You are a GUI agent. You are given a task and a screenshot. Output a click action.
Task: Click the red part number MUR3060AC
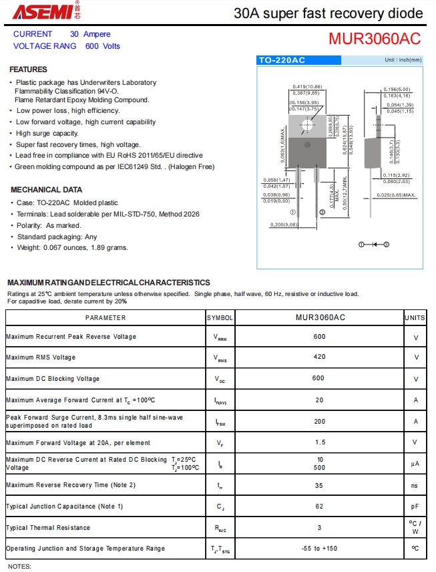pos(374,39)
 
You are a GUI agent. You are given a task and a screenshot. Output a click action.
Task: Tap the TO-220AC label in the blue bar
pos(282,60)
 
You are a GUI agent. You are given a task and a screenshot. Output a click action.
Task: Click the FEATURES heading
pos(28,69)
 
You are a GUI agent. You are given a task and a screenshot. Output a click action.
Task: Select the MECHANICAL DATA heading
pos(46,190)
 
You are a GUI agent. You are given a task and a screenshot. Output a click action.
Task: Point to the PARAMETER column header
pos(105,318)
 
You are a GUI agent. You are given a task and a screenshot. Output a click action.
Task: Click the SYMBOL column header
pos(220,318)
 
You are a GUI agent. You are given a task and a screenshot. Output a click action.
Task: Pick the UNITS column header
pos(415,318)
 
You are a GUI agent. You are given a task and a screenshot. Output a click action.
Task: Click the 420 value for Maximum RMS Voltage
pos(319,357)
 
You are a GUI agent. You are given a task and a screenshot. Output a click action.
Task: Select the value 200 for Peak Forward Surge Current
pos(319,422)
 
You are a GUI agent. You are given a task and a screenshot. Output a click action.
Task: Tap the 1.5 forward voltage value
pos(319,442)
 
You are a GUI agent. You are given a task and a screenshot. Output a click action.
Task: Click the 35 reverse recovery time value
pos(319,485)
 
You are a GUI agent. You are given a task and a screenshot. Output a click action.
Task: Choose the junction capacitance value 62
pos(319,507)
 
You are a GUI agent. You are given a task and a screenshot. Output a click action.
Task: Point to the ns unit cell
pos(415,485)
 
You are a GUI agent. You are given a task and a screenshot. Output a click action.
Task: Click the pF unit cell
pos(415,507)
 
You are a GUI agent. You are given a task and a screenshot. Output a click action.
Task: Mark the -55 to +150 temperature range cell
pos(319,549)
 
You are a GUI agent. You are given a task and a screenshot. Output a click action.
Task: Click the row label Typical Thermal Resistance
pos(48,528)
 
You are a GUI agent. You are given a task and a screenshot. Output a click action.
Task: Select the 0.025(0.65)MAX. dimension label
pos(396,195)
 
